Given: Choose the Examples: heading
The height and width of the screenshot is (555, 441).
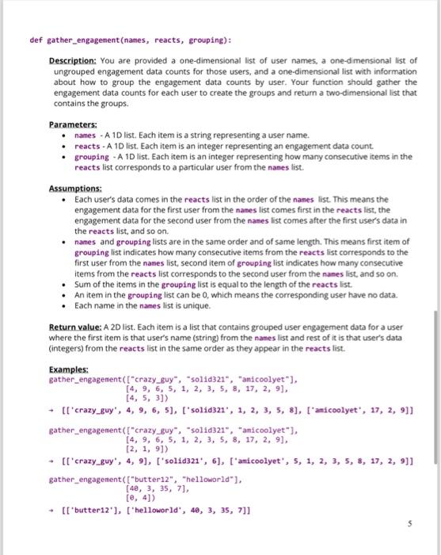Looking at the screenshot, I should pyautogui.click(x=68, y=369).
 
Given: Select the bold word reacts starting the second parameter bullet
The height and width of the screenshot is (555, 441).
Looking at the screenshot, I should pyautogui.click(x=87, y=146).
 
